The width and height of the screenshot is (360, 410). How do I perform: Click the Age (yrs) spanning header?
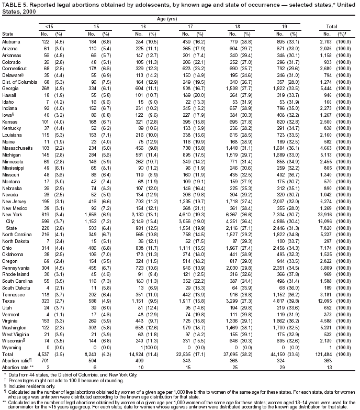pos(178,19)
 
